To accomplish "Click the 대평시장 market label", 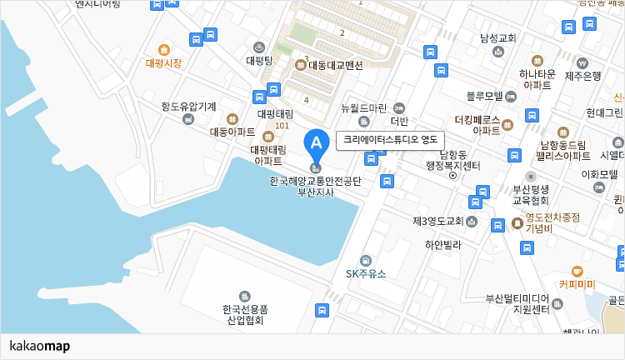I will click(163, 62).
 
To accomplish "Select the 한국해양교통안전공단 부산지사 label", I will click(316, 186).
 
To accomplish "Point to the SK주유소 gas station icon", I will click(366, 260).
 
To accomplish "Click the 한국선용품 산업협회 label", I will click(243, 315).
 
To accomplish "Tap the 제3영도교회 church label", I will click(437, 221).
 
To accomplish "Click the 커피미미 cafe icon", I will click(577, 271).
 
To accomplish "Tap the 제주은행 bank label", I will click(583, 77).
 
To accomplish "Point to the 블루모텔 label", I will click(484, 95).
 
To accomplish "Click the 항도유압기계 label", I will click(189, 107).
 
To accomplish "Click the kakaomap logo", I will click(39, 346).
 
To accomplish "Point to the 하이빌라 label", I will click(442, 245).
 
